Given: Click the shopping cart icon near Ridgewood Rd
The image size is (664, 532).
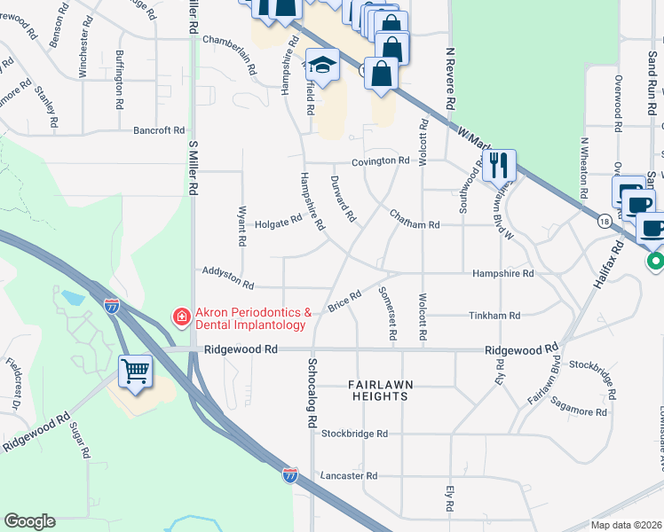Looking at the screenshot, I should [136, 372].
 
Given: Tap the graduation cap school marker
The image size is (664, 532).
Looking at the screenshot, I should [323, 66].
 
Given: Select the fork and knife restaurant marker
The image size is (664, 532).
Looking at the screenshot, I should [499, 165].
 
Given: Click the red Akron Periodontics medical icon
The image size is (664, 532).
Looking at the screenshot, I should [181, 317].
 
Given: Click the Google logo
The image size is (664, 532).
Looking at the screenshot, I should [29, 521].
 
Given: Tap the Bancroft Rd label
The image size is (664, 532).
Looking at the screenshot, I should [159, 130].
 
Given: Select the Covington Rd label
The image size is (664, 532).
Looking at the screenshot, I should [379, 161].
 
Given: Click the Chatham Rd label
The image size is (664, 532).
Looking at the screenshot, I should [415, 225].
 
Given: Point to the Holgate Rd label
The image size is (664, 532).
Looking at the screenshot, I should [278, 224].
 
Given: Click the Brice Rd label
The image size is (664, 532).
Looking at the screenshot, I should [344, 301].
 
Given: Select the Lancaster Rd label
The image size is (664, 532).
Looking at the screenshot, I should [349, 476].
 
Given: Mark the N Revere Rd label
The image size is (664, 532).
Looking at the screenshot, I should [451, 79].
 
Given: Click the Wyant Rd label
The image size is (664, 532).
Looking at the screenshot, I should [241, 226].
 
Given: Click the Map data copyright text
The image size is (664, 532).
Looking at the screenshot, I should [627, 524].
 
